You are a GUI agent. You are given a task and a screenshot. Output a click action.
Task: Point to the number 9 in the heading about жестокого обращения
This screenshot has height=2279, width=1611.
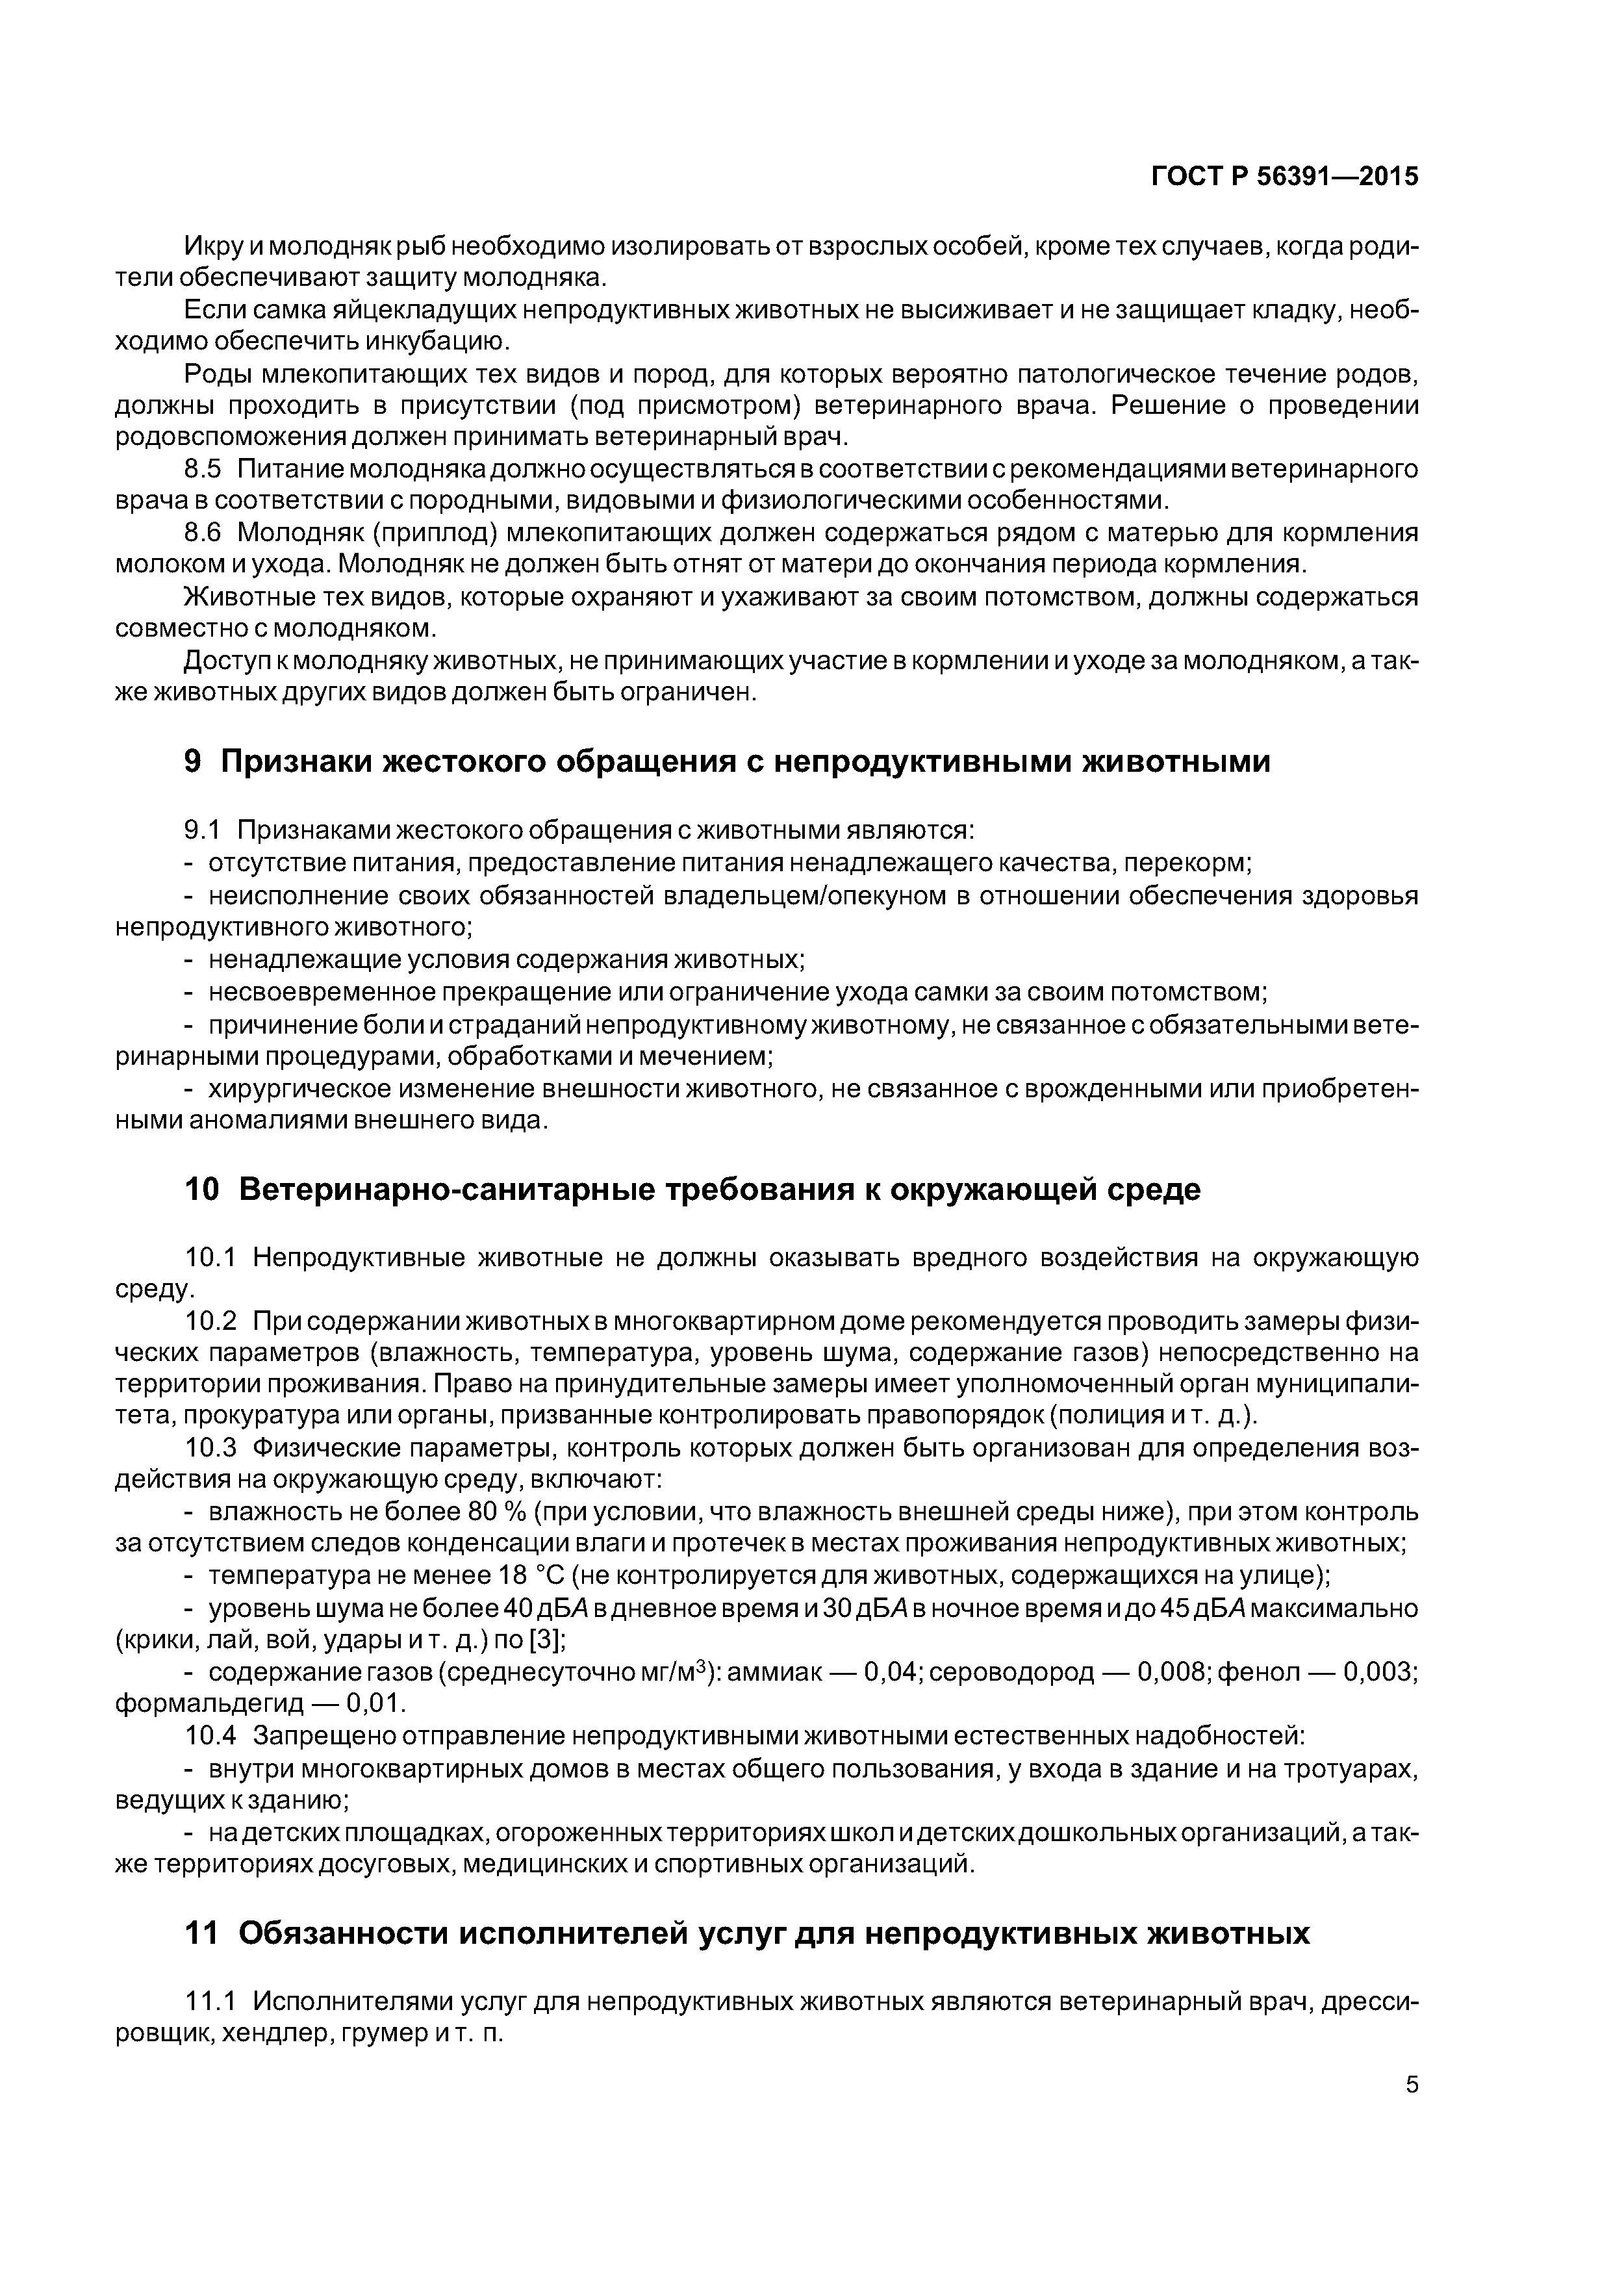coord(194,761)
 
